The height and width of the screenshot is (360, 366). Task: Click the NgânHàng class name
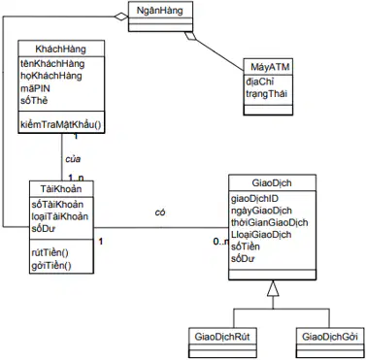point(160,11)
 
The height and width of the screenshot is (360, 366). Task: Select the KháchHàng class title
point(61,49)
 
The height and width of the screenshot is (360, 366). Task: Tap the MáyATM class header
point(270,67)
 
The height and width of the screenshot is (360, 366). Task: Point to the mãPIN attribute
point(35,88)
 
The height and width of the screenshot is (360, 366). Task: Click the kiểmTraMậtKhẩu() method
point(61,124)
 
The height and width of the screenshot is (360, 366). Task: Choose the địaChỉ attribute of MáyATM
point(259,82)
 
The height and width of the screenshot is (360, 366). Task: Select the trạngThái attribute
point(266,94)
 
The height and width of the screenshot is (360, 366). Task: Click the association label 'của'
point(73,159)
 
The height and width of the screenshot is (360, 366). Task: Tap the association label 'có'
point(160,213)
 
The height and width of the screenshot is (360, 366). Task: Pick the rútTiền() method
point(50,253)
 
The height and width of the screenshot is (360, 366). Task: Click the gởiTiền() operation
point(51,266)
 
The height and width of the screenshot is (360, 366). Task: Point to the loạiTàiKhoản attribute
point(60,216)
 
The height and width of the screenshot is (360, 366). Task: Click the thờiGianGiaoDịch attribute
point(269,222)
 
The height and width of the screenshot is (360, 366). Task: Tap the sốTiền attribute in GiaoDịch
point(246,246)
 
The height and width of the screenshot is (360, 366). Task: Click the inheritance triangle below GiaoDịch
point(273,288)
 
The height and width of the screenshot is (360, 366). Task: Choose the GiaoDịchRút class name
point(222,337)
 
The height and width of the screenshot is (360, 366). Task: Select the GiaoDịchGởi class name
point(330,337)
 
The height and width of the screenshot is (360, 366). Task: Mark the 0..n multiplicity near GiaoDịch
point(220,242)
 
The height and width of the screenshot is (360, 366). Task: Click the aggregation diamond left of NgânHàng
point(121,16)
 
